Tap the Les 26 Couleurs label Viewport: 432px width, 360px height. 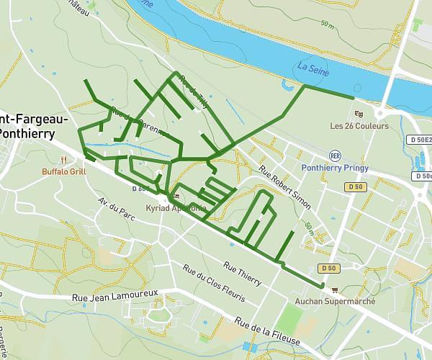tap(359, 126)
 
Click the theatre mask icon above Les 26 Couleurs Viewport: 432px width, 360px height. tap(359, 113)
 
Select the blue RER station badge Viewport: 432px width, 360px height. tap(334, 155)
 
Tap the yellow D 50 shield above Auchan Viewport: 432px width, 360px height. tap(330, 268)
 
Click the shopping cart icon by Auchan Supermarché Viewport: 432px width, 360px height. tap(334, 289)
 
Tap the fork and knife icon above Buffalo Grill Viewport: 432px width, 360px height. tap(63, 160)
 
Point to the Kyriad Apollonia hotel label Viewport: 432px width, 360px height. tap(176, 208)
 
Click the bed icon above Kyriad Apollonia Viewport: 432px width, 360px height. tap(176, 196)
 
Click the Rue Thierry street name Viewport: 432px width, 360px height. tap(242, 274)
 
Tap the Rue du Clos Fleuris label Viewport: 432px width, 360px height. tap(215, 284)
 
